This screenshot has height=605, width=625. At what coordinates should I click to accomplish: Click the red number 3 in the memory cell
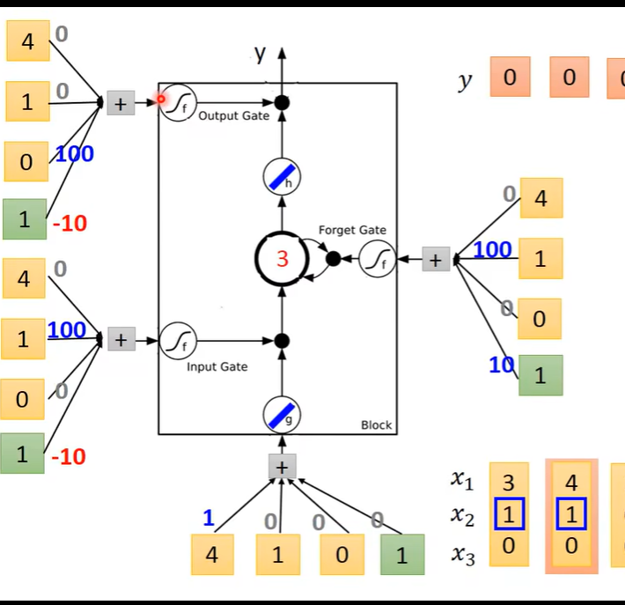pyautogui.click(x=282, y=259)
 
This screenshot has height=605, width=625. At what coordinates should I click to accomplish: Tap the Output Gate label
pyautogui.click(x=233, y=116)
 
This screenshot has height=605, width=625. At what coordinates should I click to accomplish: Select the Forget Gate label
pyautogui.click(x=352, y=230)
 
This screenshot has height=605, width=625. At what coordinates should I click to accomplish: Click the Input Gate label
pyautogui.click(x=217, y=366)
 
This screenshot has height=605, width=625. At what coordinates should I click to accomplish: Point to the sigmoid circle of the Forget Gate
pyautogui.click(x=378, y=259)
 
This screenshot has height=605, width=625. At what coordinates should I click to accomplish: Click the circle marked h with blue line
pyautogui.click(x=282, y=178)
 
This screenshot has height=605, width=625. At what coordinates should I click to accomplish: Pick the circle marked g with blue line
pyautogui.click(x=282, y=415)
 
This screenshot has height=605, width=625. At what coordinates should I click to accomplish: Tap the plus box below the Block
pyautogui.click(x=282, y=467)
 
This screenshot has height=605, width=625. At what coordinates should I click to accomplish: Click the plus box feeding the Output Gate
pyautogui.click(x=121, y=103)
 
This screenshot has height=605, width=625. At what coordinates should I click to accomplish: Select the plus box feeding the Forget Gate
pyautogui.click(x=435, y=260)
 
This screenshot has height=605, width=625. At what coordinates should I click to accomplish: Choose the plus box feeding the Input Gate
pyautogui.click(x=121, y=339)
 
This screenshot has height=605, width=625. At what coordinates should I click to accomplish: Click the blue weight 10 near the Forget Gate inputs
pyautogui.click(x=501, y=364)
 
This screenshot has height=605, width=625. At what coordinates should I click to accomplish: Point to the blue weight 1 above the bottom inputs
pyautogui.click(x=209, y=518)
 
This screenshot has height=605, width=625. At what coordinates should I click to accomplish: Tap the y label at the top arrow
pyautogui.click(x=261, y=55)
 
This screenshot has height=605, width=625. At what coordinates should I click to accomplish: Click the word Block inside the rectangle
pyautogui.click(x=376, y=425)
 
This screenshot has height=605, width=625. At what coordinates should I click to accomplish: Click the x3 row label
pyautogui.click(x=462, y=555)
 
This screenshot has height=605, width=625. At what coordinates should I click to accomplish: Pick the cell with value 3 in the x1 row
pyautogui.click(x=508, y=482)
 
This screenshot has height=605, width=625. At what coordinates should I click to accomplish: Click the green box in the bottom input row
pyautogui.click(x=402, y=555)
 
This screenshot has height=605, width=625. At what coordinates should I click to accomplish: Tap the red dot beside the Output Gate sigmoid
pyautogui.click(x=162, y=100)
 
